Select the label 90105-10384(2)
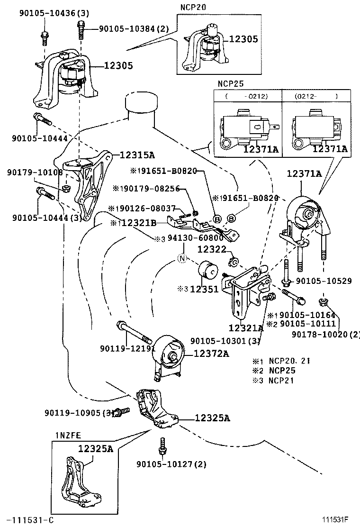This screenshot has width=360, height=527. (133, 29)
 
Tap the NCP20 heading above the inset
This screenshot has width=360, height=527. (191, 8)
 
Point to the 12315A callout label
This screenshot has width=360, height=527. (137, 155)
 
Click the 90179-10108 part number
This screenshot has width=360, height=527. (35, 173)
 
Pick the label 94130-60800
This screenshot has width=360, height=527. (195, 238)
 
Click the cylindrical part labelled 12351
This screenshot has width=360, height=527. (207, 271)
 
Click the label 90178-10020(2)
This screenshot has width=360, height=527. (326, 335)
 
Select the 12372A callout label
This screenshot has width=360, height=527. (211, 354)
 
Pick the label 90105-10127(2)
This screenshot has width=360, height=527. (171, 464)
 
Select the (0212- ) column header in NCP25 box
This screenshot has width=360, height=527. (316, 96)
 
